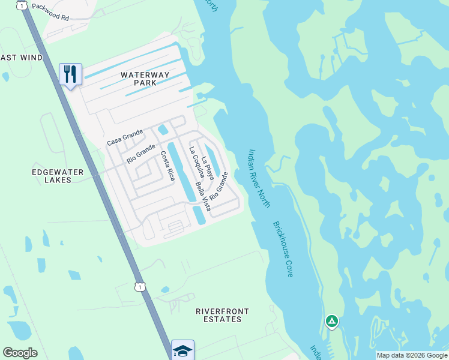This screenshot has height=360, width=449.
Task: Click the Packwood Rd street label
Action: pos(50,11)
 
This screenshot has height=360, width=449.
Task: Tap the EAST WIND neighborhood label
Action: pos(21,58)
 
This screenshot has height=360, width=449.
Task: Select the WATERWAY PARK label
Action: pos(145,79)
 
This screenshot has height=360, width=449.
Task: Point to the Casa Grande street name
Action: pos(125,137)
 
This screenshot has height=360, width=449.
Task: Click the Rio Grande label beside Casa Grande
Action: pos(141,154)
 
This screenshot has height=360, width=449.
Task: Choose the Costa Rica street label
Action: pos(167,166)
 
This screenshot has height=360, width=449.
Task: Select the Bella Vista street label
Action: pos(203,197)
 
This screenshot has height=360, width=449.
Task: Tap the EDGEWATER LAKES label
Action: pos(58,176)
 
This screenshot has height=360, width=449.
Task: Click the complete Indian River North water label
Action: pos(259,178)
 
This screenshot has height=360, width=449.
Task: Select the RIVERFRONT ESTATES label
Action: pos(222,315)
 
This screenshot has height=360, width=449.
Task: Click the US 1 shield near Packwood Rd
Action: pos(22,5)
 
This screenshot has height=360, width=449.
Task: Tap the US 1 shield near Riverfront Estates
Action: pos(139,287)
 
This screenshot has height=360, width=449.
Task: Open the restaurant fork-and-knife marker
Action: pos(70,75)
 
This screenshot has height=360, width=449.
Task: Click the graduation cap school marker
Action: pos(182,350)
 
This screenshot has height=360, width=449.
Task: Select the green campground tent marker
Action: pos(331,322)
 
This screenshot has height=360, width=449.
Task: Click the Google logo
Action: pos(20,353)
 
